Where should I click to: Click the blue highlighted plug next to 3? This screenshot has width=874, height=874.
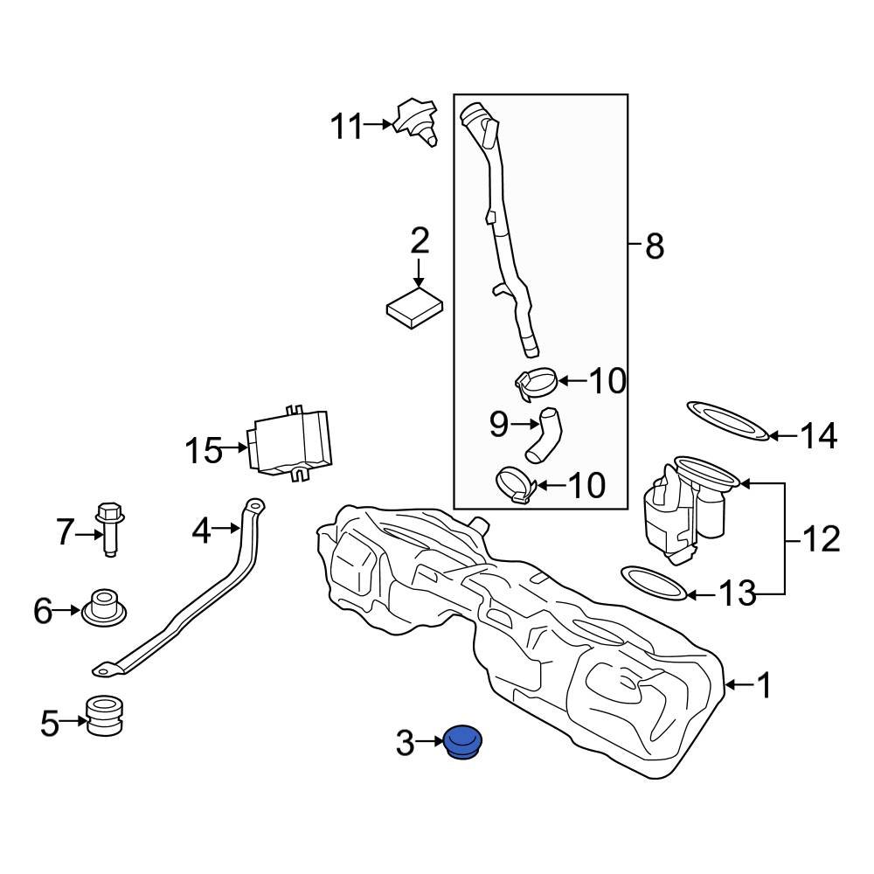click(x=464, y=742)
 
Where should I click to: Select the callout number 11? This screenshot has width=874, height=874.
click(x=345, y=127)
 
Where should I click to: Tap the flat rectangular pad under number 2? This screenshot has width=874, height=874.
click(x=415, y=309)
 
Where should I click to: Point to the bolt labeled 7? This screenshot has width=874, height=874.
click(x=109, y=528)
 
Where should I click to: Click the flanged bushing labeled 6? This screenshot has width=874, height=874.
click(x=105, y=608)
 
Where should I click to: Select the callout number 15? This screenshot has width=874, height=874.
click(x=204, y=451)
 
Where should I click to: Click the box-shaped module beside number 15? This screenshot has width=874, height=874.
click(x=291, y=444)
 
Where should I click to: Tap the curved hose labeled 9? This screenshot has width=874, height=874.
click(x=545, y=434)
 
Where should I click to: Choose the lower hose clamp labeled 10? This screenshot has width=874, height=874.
click(x=517, y=485)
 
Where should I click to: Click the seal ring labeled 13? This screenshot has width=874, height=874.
click(x=653, y=582)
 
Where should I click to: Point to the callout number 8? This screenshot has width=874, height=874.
click(x=654, y=247)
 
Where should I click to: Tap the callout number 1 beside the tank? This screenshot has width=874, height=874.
click(x=763, y=685)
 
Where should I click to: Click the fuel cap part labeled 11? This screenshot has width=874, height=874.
click(x=415, y=122)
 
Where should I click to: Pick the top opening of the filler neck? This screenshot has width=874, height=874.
click(x=476, y=114)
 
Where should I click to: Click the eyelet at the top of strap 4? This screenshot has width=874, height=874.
click(x=253, y=506)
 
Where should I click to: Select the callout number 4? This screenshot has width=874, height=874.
click(x=202, y=529)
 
